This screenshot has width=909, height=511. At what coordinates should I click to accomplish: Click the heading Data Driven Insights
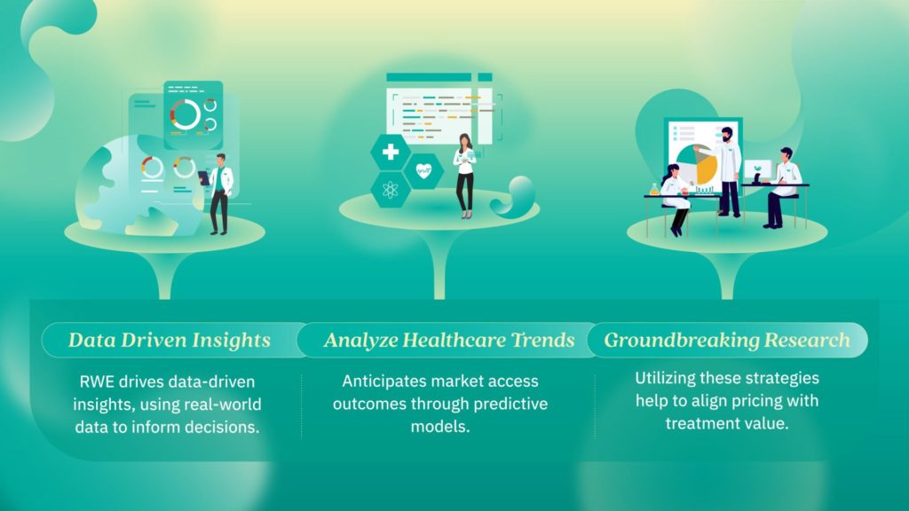(x=170, y=340)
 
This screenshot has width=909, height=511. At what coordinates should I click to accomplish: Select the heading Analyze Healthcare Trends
(x=449, y=340)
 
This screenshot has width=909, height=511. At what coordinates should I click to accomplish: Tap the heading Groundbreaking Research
(x=727, y=340)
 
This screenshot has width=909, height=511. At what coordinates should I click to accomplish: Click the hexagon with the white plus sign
(x=391, y=152)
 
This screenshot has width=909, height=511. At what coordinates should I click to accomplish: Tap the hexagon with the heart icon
(x=423, y=171)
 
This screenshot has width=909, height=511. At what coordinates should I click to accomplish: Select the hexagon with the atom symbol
(x=391, y=190)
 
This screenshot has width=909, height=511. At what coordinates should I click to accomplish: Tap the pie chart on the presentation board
(x=697, y=164)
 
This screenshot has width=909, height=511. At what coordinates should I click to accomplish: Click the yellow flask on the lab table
(x=654, y=190)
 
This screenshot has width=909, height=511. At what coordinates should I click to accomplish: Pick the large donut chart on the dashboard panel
(x=186, y=114)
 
